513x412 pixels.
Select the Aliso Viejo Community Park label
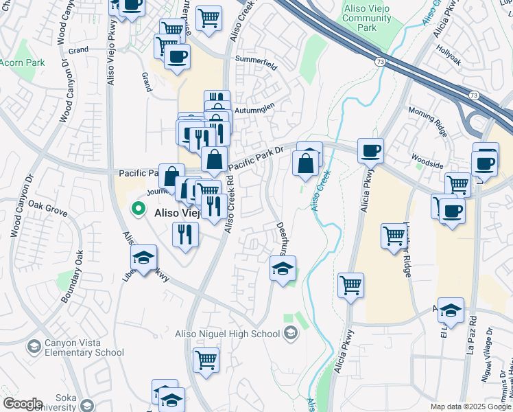tap(368, 16)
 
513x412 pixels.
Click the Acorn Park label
tap(22, 62)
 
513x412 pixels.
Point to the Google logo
tap(23, 404)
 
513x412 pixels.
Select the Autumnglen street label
tap(254, 108)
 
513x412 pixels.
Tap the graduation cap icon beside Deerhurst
tap(282, 268)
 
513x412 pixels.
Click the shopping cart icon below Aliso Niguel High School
tap(206, 359)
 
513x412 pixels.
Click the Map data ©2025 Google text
tap(470, 407)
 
